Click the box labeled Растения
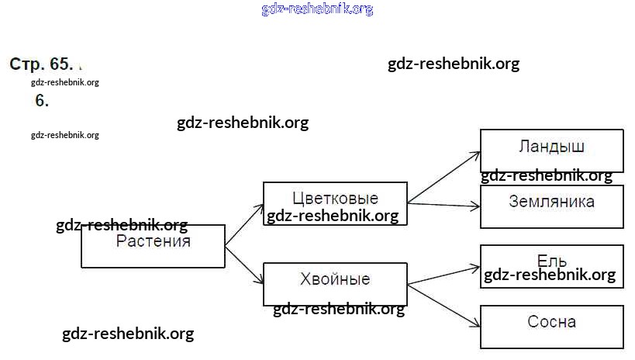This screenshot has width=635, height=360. point(153,247)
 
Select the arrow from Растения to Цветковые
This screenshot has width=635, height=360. point(244,225)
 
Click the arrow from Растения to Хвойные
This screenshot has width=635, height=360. point(244,266)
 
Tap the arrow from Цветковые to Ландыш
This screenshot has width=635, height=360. point(443,177)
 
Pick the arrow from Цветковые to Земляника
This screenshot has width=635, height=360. point(443,205)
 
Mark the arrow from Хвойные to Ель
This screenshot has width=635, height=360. point(443,275)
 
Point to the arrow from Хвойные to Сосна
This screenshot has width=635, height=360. point(443,303)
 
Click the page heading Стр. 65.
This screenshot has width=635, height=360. point(41,64)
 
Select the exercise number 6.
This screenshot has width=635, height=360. point(42,100)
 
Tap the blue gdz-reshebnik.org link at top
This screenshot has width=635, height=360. point(317,9)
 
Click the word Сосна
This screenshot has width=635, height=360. point(551,321)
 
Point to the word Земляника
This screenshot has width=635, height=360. point(551,202)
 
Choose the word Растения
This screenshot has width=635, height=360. point(154,241)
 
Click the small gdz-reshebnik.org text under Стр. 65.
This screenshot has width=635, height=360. point(65,82)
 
